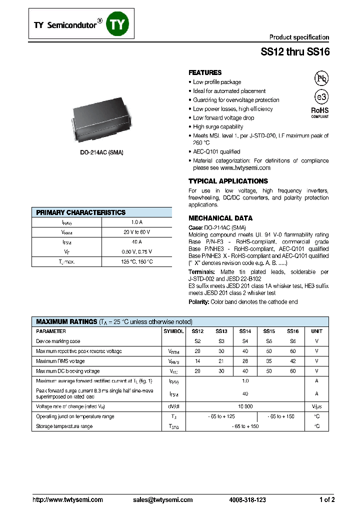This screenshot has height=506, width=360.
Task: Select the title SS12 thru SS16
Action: (x=295, y=51)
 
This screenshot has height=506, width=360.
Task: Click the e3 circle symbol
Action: (x=321, y=97)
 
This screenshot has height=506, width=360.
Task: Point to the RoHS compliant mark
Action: (x=320, y=112)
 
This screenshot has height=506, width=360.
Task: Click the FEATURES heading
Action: (x=205, y=72)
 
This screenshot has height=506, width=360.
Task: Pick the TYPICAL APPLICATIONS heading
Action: (x=228, y=181)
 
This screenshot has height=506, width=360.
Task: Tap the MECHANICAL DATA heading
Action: (x=220, y=218)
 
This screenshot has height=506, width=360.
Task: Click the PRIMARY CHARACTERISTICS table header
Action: (x=81, y=212)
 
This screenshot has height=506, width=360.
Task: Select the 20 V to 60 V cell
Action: (x=136, y=232)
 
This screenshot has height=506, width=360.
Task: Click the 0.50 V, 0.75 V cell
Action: (x=136, y=252)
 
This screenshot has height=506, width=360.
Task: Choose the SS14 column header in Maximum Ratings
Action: (x=244, y=331)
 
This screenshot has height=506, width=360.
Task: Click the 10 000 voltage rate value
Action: (x=244, y=406)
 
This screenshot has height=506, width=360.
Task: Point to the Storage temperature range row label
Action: (x=64, y=426)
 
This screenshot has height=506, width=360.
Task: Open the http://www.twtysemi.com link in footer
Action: (x=67, y=499)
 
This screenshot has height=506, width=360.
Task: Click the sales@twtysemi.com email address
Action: (x=162, y=499)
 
